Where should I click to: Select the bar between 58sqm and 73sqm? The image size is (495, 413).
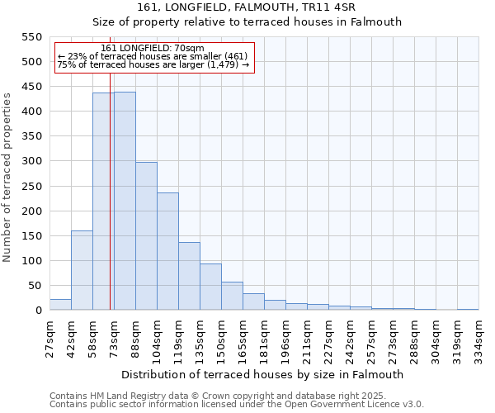pyautogui.click(x=103, y=202)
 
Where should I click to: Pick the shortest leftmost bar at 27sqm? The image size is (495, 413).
pyautogui.click(x=60, y=305)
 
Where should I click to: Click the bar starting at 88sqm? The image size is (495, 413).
pyautogui.click(x=146, y=236)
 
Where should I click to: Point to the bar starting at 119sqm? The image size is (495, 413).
pyautogui.click(x=189, y=276)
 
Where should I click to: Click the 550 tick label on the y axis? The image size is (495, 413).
pyautogui.click(x=31, y=37)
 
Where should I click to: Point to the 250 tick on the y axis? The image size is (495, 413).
pyautogui.click(x=31, y=211)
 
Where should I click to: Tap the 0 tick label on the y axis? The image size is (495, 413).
pyautogui.click(x=38, y=311)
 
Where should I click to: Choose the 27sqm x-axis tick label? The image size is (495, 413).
pyautogui.click(x=50, y=338)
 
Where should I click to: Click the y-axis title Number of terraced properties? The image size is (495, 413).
pyautogui.click(x=7, y=178)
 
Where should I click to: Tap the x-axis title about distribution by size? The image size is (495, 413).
pyautogui.click(x=262, y=374)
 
